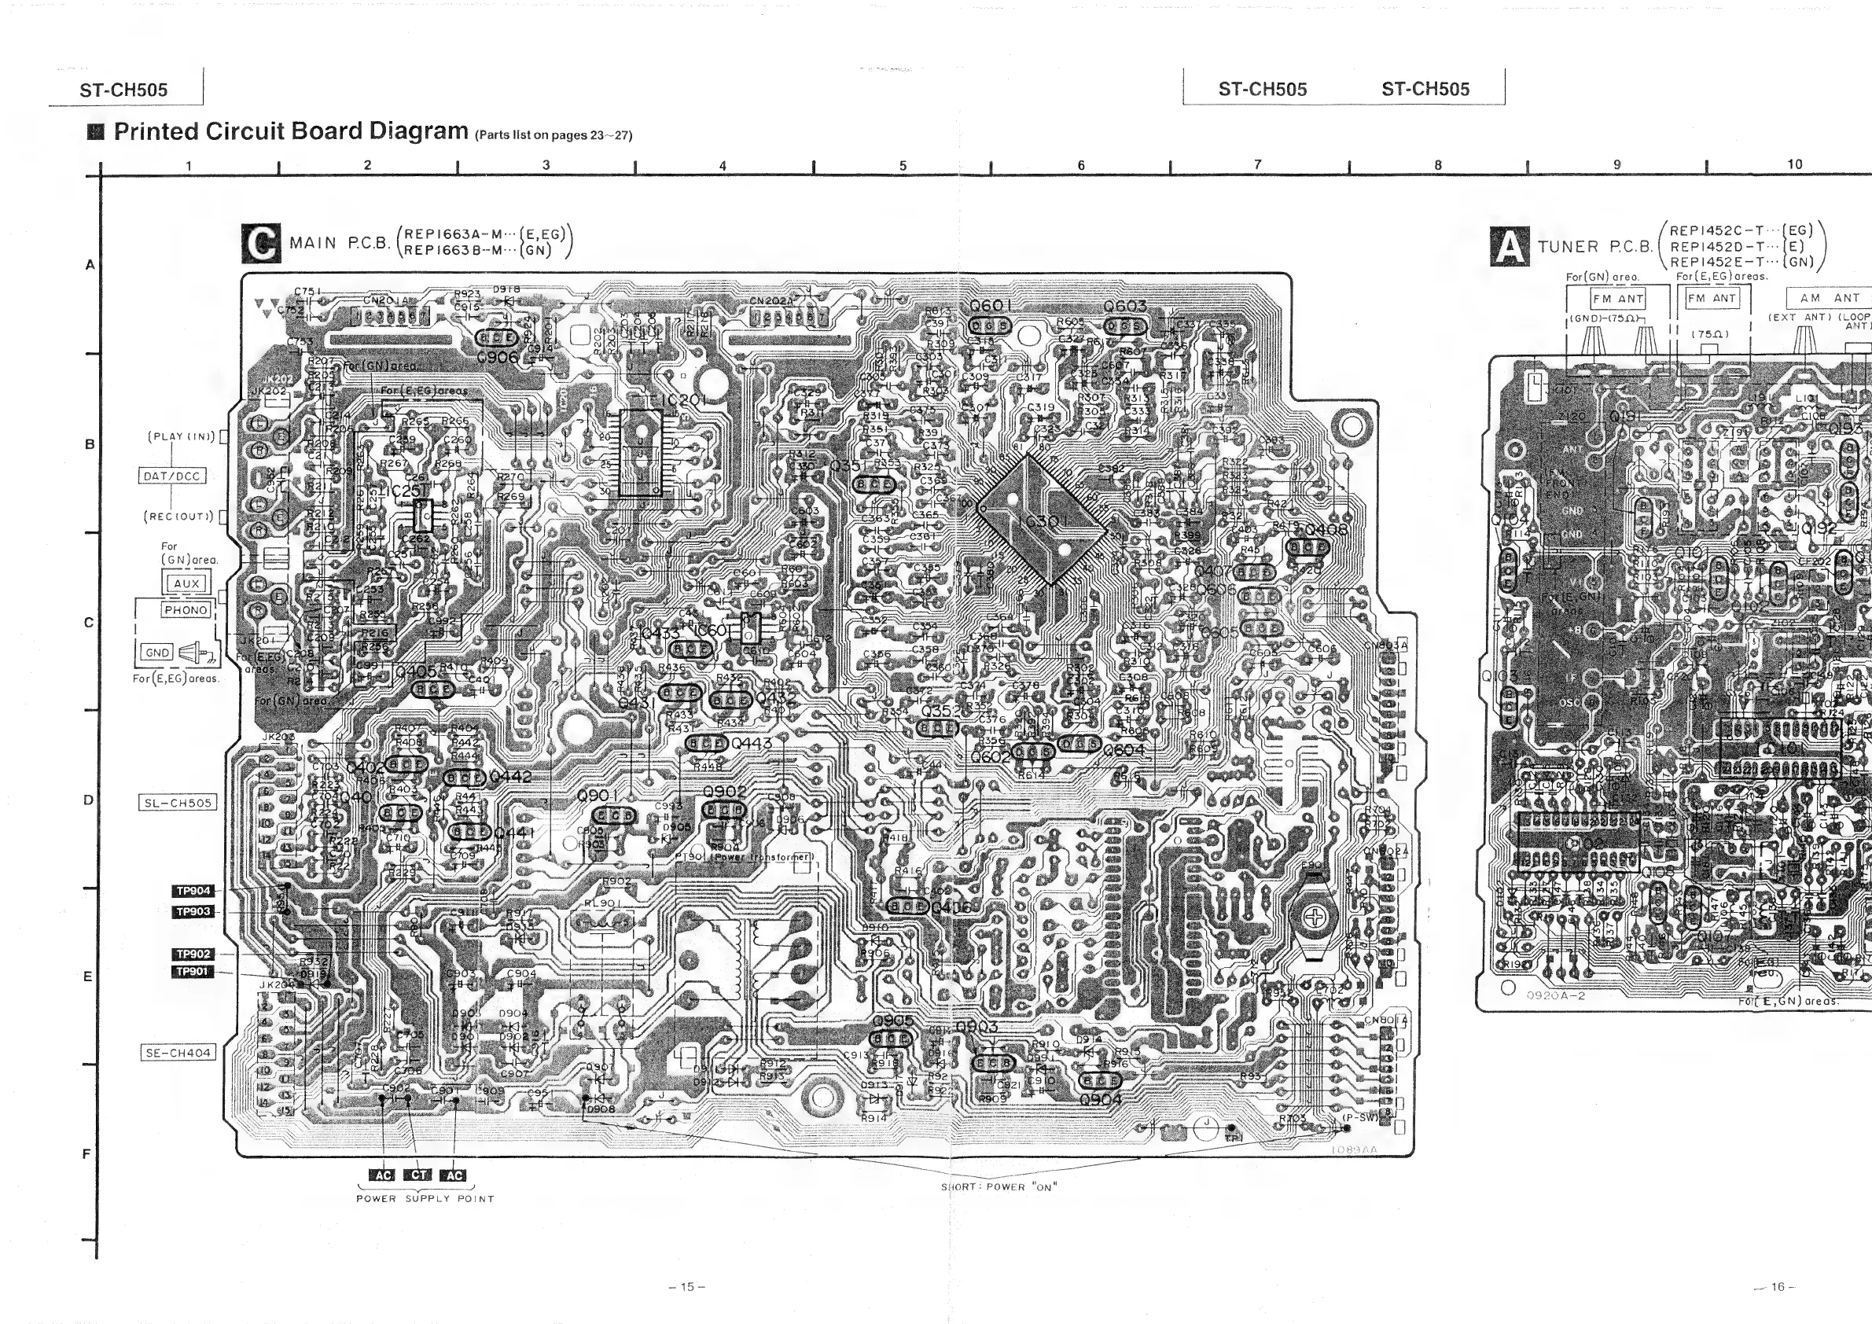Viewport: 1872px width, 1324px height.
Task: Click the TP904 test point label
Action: point(193,891)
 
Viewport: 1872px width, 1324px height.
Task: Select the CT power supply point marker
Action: point(418,1175)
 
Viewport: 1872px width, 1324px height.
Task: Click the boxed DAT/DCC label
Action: point(171,476)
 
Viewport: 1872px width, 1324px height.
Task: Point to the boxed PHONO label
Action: point(186,610)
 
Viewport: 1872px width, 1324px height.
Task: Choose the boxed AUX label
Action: point(186,583)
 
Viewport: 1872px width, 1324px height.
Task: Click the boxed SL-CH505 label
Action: point(178,803)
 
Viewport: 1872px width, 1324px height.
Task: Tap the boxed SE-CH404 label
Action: point(178,1053)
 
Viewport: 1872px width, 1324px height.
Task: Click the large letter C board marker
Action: point(261,243)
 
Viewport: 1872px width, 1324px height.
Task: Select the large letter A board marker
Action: point(1510,246)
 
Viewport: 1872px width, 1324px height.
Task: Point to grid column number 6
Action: point(1081,165)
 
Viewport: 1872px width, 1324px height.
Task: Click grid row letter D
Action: point(88,800)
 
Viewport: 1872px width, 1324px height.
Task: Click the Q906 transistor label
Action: point(498,357)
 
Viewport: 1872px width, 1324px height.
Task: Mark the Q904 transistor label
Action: point(1100,1100)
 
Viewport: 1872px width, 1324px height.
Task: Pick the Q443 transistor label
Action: point(751,744)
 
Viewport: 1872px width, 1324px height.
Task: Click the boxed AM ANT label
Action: point(1830,299)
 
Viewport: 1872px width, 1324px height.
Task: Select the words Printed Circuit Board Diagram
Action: point(291,131)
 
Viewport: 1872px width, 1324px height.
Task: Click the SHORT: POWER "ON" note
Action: point(998,1187)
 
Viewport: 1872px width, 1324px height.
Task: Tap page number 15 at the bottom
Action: point(686,1286)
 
